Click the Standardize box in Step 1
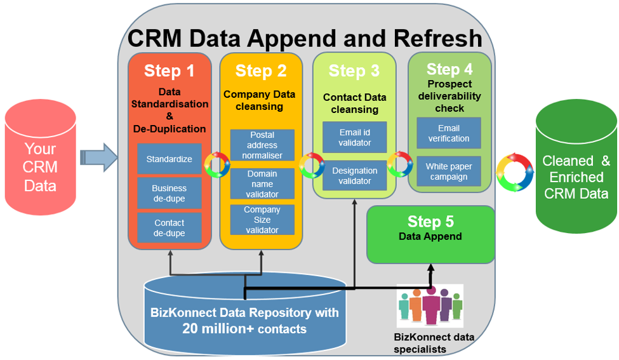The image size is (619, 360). coord(169,159)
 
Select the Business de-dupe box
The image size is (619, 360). coord(169,193)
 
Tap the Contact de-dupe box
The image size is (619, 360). coord(169,228)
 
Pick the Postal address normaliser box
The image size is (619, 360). coord(262,145)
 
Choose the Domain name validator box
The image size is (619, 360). coord(262,184)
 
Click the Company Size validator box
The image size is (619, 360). coord(262,220)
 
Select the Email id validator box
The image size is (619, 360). coord(355,138)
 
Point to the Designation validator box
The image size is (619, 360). coord(355,176)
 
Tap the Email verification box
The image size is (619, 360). coord(449,133)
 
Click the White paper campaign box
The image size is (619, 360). coord(449,172)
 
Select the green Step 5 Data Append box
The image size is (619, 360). coord(431,234)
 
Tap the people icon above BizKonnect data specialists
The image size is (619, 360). coord(430,306)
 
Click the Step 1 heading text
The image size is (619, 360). coord(169,70)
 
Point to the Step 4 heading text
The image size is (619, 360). coord(449,69)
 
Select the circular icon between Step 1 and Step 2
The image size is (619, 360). coord(216,164)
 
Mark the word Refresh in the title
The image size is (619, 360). coord(438,38)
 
